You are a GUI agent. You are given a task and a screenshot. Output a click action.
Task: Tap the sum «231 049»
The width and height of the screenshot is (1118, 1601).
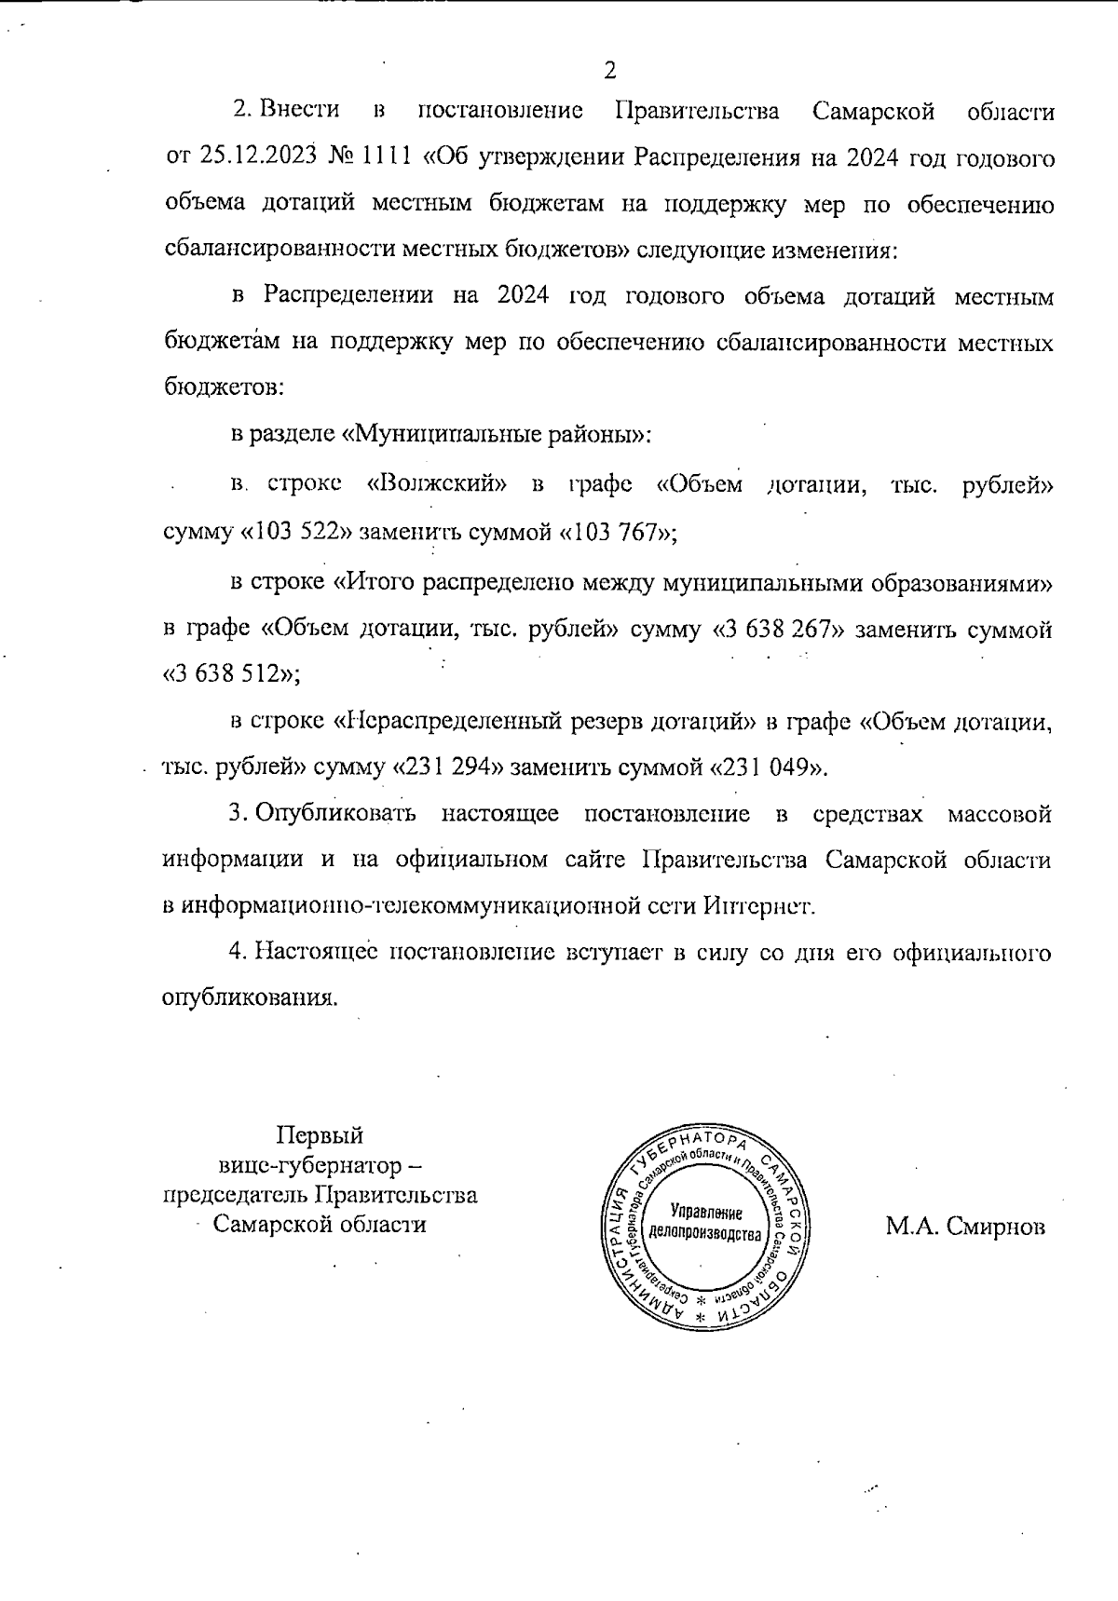click(767, 768)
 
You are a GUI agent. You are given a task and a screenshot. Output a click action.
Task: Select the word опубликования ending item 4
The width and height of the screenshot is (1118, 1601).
click(248, 998)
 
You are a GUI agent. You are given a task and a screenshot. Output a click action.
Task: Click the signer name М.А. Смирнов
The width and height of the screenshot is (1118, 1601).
click(965, 1227)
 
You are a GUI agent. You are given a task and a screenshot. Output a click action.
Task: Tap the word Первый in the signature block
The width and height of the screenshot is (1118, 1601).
click(320, 1135)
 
